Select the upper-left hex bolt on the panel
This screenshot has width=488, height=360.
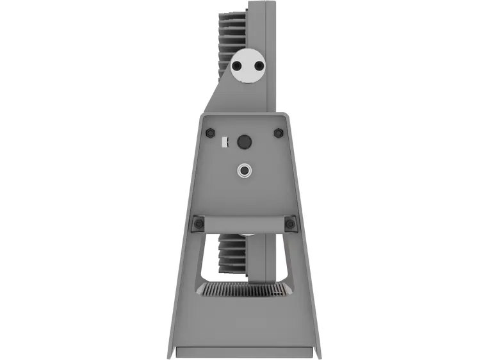click(x=210, y=133)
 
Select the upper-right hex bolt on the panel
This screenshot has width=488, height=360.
click(x=278, y=133)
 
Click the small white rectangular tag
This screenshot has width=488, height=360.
click(x=224, y=142)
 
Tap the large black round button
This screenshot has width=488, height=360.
click(x=244, y=142)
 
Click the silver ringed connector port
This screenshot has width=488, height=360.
click(x=244, y=170)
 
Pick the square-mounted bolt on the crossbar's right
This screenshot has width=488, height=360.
click(x=290, y=224)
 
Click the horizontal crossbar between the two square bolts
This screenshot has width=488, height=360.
click(x=244, y=224)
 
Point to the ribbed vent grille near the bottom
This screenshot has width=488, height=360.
click(x=244, y=290)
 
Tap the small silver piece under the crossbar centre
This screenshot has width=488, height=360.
click(x=245, y=236)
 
